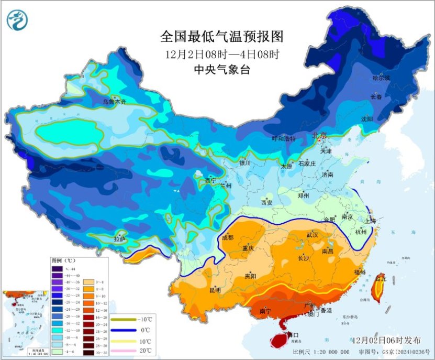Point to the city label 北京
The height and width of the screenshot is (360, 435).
pos(320,135)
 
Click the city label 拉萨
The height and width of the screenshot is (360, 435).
pos(119,239)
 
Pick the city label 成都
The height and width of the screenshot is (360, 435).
pos(228,237)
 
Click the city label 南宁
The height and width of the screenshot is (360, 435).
pos(265,311)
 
